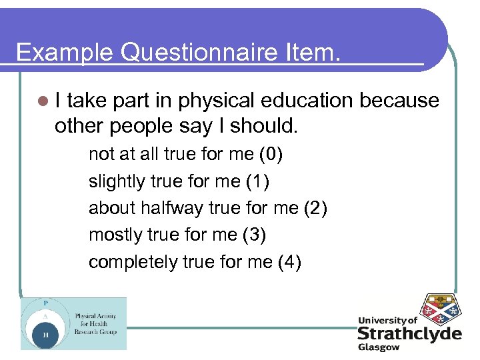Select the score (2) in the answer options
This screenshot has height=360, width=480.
pyautogui.click(x=315, y=209)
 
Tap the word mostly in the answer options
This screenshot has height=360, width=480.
pyautogui.click(x=117, y=235)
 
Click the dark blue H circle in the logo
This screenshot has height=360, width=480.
pyautogui.click(x=45, y=335)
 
